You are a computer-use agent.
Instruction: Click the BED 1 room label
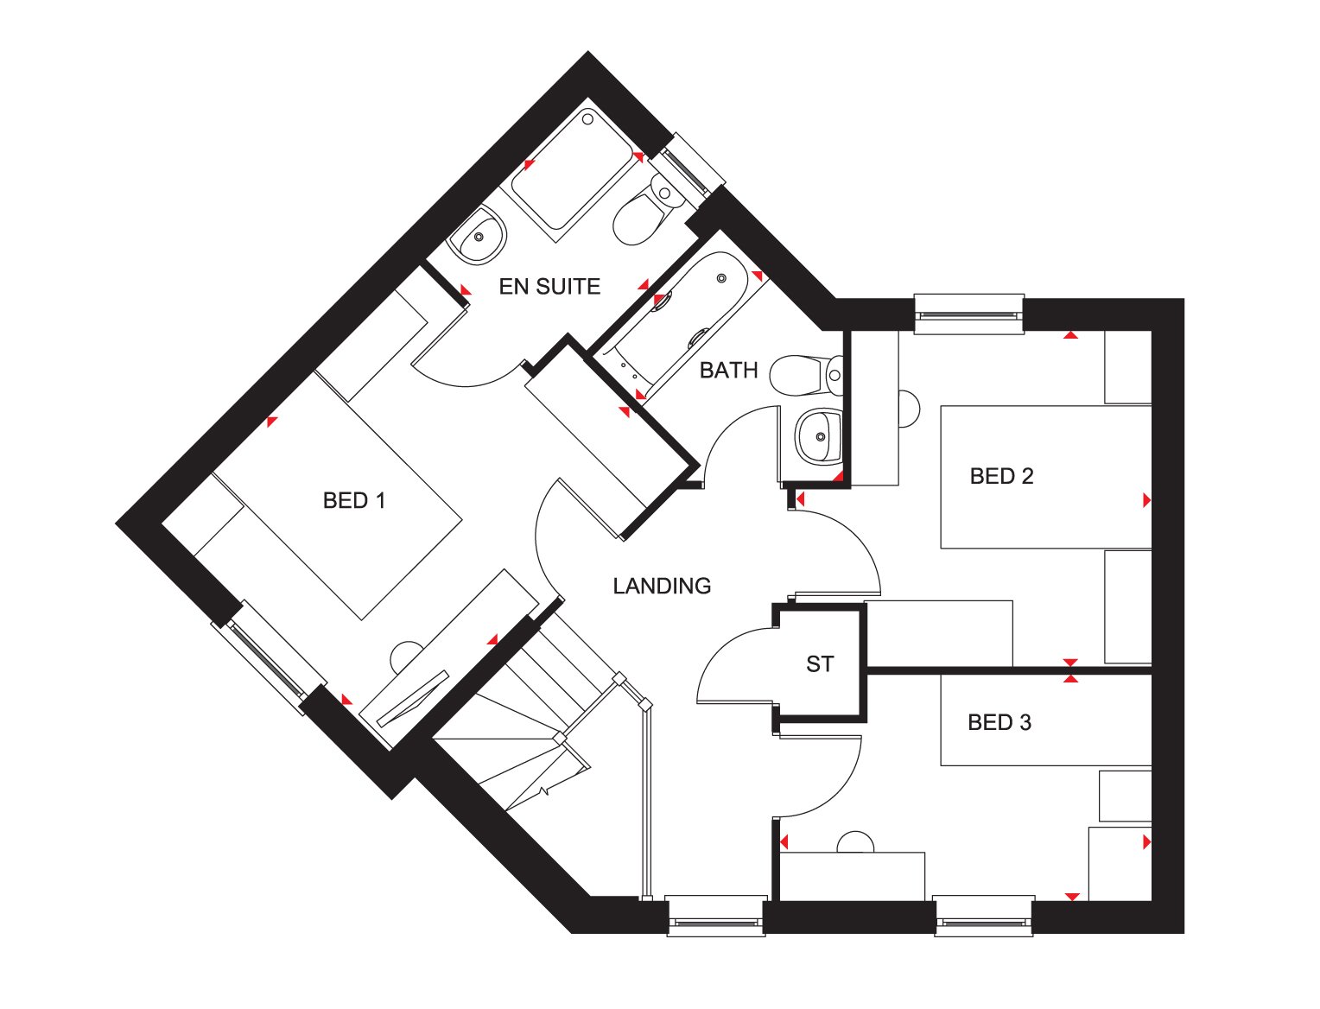[x=353, y=501]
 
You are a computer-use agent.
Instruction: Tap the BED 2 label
[x=1001, y=477]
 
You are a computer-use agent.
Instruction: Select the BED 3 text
[x=999, y=723]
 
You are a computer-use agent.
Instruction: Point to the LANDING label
[x=662, y=587]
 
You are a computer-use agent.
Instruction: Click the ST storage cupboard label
[x=820, y=664]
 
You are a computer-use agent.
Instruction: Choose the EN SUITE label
[x=549, y=287]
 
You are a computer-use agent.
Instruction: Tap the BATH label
[x=728, y=371]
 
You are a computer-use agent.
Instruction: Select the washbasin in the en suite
[x=478, y=236]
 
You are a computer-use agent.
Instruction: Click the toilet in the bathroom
[x=802, y=376]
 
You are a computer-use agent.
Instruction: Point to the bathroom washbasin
[x=817, y=436]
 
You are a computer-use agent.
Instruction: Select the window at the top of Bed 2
[x=968, y=314]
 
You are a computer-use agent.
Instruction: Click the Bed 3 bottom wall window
[x=983, y=917]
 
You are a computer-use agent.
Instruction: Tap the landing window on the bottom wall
[x=716, y=917]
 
